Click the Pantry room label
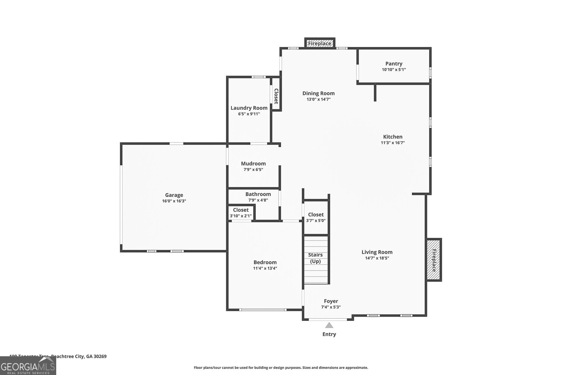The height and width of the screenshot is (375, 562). tap(394, 64)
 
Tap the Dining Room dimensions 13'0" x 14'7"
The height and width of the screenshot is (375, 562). tap(318, 99)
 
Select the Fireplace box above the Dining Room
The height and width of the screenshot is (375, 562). tap(320, 44)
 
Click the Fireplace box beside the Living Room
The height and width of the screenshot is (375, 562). tap(434, 260)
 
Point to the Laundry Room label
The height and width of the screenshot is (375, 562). tap(249, 108)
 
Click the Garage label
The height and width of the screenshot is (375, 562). tap(174, 195)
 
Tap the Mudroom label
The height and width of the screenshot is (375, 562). tap(253, 163)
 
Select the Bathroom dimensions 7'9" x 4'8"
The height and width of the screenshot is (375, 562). tap(258, 200)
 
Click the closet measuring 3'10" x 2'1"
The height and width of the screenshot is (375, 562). tap(241, 213)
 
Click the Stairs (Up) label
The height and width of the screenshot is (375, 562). tap(315, 258)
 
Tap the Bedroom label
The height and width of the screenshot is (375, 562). tap(265, 262)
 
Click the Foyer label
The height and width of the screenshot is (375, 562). tap(331, 301)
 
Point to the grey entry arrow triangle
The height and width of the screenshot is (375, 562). tap(329, 325)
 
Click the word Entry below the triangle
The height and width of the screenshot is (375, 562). tap(329, 334)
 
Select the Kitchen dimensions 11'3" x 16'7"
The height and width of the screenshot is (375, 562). tap(393, 143)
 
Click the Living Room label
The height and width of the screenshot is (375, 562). tap(377, 252)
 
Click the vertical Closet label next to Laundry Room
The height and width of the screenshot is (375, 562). tap(276, 96)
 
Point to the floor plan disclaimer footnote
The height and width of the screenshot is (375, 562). tap(281, 368)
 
